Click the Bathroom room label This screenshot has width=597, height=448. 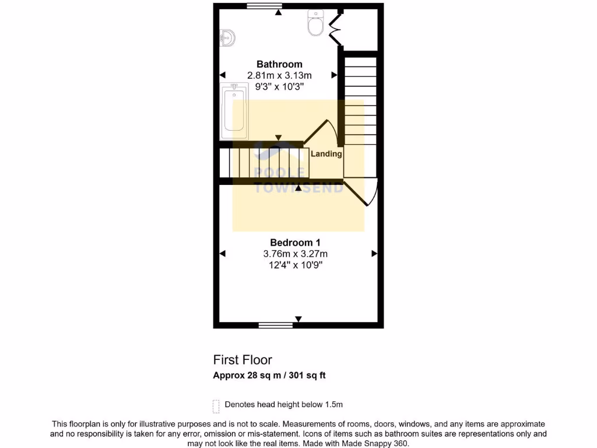point(280,64)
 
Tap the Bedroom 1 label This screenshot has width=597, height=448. point(295,243)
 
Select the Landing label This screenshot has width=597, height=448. point(326,154)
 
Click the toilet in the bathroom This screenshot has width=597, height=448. point(315,23)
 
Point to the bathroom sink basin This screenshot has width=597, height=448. point(227,38)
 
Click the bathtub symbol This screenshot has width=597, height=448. point(234,111)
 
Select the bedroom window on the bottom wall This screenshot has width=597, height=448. point(276,325)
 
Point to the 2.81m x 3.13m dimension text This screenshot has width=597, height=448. point(280,76)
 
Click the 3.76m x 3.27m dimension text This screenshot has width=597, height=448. point(295,254)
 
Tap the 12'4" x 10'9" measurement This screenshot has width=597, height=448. point(295,265)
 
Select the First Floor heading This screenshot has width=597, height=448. point(243,360)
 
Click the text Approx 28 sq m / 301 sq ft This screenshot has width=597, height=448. point(269,376)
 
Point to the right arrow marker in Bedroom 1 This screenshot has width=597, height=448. point(374,254)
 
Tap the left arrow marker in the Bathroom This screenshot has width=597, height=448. point(222,75)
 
